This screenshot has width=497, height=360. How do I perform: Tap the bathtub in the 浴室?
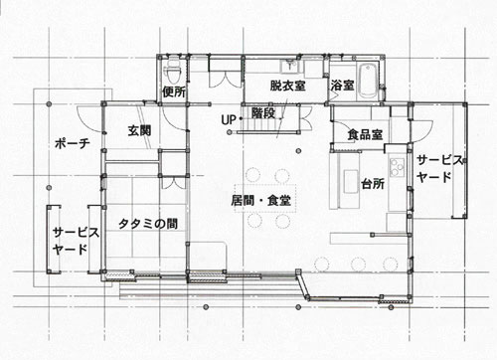(368, 80)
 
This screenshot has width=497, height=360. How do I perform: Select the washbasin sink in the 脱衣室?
(290, 66)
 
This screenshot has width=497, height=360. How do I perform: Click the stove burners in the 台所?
(397, 167)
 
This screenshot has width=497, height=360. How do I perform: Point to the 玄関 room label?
(139, 130)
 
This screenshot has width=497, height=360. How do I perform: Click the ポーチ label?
(73, 143)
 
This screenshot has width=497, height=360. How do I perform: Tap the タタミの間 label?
(148, 224)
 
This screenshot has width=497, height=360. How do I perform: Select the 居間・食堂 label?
(261, 200)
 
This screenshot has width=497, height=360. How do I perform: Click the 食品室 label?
(365, 134)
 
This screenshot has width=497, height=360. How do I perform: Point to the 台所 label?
(373, 183)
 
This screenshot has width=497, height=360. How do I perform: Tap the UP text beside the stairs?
(229, 119)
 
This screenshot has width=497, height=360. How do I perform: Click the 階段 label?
(263, 113)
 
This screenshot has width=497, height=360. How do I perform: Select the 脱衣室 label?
(287, 86)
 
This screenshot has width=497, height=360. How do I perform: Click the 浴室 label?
(342, 86)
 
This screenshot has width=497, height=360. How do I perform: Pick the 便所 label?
(174, 91)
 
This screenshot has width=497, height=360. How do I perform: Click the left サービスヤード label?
(76, 241)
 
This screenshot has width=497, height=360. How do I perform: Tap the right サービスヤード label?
(439, 169)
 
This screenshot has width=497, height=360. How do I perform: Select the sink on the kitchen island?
(350, 181)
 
